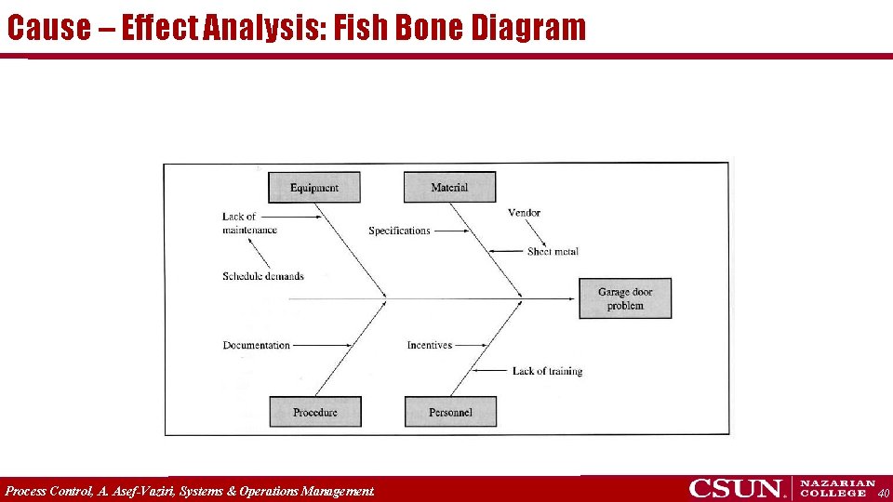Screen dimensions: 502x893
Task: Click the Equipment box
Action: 314,188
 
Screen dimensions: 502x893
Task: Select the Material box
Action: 449,188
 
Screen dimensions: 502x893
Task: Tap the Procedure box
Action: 315,412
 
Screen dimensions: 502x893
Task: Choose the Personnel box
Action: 450,412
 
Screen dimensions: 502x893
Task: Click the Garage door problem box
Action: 625,298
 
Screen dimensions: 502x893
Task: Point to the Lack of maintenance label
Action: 248,223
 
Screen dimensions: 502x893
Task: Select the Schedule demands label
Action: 263,276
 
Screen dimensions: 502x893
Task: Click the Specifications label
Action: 399,231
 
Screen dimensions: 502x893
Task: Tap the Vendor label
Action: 524,213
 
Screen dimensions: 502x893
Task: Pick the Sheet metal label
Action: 553,251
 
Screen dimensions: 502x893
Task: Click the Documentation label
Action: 257,345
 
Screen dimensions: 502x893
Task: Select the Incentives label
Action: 430,345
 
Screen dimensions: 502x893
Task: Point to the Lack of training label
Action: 547,371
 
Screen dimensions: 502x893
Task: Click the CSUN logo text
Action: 737,489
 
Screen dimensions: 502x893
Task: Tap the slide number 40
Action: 883,493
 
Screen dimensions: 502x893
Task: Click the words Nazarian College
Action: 837,488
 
